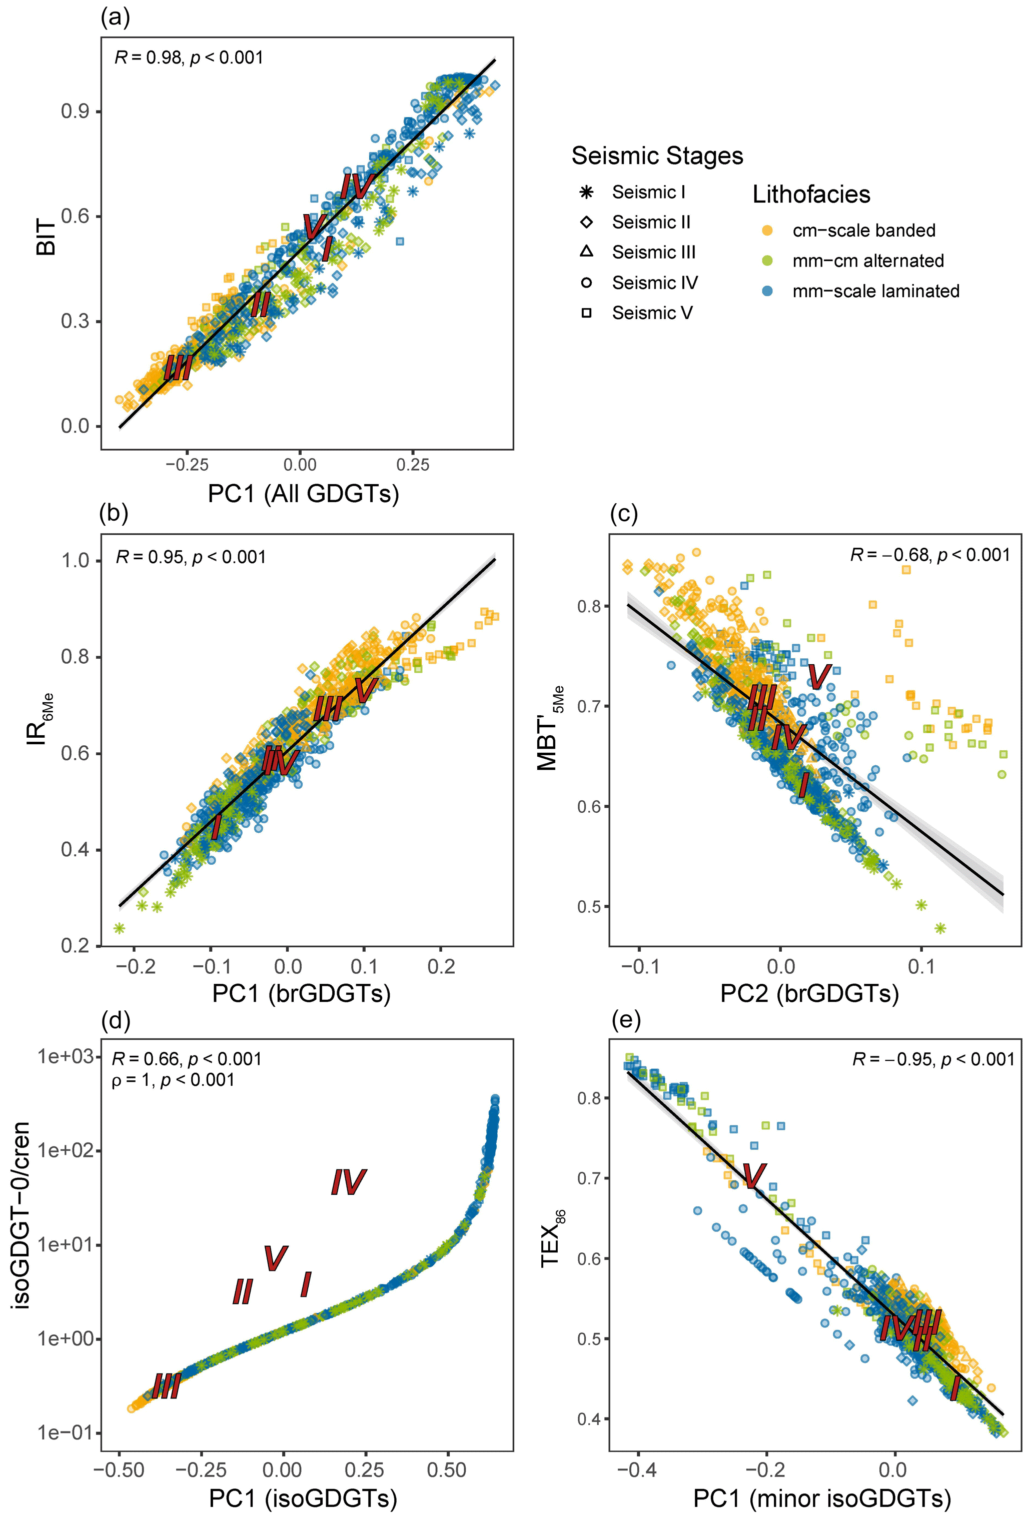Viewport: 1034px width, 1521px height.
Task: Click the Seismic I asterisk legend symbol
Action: (586, 193)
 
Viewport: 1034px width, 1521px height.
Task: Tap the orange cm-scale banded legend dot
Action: (768, 231)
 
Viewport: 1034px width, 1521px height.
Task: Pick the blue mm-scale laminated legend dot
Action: (768, 291)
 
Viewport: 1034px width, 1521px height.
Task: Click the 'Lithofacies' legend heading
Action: (811, 195)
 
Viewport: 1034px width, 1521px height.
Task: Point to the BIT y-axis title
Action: (47, 237)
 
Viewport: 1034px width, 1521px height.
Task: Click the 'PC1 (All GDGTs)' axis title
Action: (303, 494)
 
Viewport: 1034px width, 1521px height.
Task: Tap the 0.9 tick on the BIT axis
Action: (75, 112)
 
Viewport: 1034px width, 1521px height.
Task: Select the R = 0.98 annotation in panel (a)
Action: (189, 58)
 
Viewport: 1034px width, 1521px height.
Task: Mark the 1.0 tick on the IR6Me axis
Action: (75, 561)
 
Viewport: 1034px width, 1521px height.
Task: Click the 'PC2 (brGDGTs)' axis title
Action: (809, 993)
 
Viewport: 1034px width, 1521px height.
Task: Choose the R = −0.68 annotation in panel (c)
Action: (929, 555)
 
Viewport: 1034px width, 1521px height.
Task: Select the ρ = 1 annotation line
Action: (173, 1079)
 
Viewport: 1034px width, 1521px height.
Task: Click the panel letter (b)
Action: (113, 513)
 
